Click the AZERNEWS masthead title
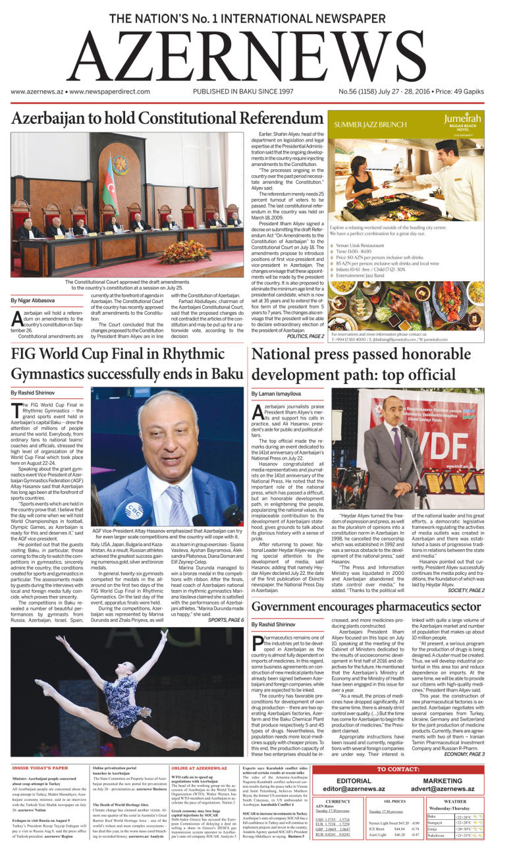tap(257, 55)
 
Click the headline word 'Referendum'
tap(263, 119)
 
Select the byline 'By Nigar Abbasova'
tap(32, 300)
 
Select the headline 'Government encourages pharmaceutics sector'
tap(367, 606)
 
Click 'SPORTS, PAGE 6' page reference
tap(226, 620)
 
